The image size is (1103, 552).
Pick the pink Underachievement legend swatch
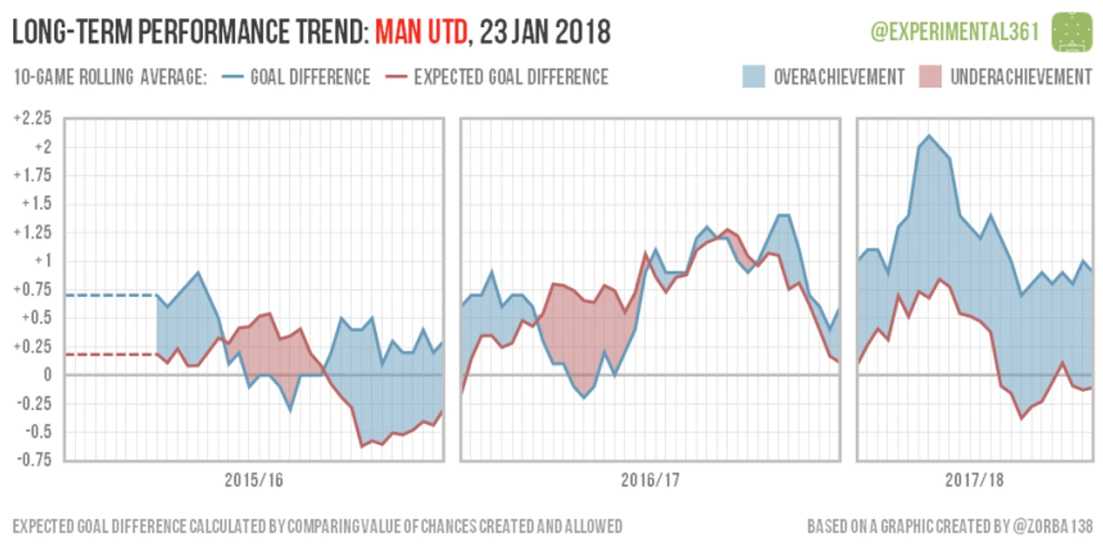pyautogui.click(x=930, y=76)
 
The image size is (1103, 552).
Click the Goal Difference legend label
pyautogui.click(x=310, y=77)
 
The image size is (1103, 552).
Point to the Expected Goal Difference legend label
pyautogui.click(x=511, y=77)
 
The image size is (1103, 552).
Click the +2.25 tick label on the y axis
pyautogui.click(x=32, y=118)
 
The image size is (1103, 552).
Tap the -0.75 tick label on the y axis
pyautogui.click(x=32, y=460)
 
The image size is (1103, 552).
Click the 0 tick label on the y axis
pyautogui.click(x=47, y=375)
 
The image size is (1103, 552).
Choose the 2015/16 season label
pyautogui.click(x=254, y=481)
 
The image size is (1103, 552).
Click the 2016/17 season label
pyautogui.click(x=650, y=481)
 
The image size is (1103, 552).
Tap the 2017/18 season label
pyautogui.click(x=974, y=481)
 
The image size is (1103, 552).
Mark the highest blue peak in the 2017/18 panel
pyautogui.click(x=928, y=135)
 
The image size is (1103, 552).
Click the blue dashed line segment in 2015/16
pyautogui.click(x=110, y=295)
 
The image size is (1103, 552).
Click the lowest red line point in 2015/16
pyautogui.click(x=361, y=446)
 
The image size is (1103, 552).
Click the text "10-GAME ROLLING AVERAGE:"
pyautogui.click(x=110, y=77)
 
